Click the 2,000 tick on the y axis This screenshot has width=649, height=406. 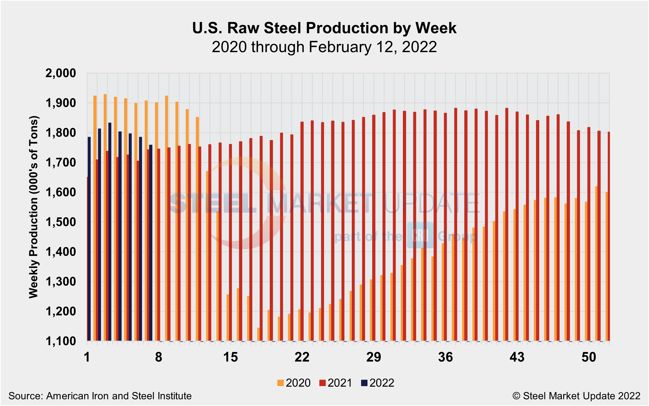pyautogui.click(x=61, y=73)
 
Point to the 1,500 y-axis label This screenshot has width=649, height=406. pyautogui.click(x=61, y=222)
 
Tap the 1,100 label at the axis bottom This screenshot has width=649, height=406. pyautogui.click(x=61, y=342)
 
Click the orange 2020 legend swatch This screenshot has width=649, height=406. pyautogui.click(x=280, y=383)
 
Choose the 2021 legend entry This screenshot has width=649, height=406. pyautogui.click(x=336, y=383)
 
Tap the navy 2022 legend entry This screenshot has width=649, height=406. pyautogui.click(x=378, y=383)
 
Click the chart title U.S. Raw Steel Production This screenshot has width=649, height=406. pyautogui.click(x=324, y=28)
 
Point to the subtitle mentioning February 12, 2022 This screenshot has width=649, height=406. pyautogui.click(x=324, y=47)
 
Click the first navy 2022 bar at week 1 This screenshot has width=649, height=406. pyautogui.click(x=89, y=239)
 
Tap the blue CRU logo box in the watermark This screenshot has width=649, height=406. pyautogui.click(x=420, y=235)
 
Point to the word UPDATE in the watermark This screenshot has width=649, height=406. pyautogui.click(x=432, y=203)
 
